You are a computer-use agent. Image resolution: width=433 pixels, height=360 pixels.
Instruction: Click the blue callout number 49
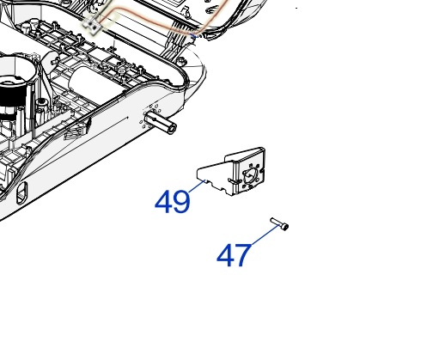click(172, 202)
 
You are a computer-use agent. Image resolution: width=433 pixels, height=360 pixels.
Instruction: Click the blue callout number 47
click(234, 255)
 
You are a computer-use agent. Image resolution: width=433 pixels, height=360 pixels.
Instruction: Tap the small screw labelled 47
click(279, 224)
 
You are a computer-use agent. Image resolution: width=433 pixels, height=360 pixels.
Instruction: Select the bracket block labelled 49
click(231, 171)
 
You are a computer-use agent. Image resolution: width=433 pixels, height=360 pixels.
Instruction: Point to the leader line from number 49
click(197, 186)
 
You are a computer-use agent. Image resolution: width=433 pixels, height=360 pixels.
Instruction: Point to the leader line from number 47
click(265, 235)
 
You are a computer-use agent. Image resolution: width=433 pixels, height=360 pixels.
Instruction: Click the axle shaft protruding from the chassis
click(161, 122)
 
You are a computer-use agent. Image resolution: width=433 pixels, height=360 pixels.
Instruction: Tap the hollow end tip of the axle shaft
click(173, 128)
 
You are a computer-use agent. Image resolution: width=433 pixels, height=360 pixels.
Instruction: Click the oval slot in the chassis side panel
click(21, 192)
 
